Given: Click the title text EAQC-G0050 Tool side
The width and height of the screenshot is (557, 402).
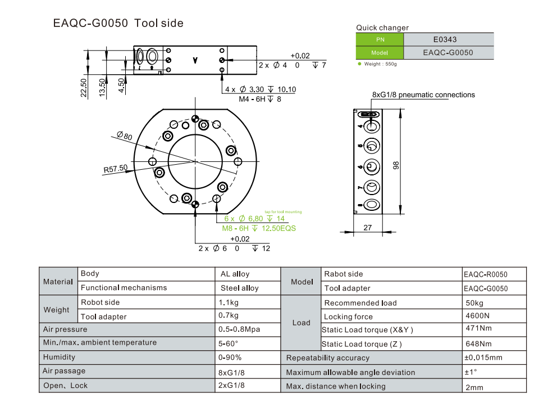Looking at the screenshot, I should point(118,24).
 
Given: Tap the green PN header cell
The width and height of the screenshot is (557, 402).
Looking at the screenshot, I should point(380,39).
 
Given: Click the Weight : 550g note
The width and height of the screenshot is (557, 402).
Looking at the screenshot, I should point(381,64).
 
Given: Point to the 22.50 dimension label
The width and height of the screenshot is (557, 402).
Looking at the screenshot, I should point(84,88).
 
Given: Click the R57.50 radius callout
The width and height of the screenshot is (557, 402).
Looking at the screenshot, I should point(115,168).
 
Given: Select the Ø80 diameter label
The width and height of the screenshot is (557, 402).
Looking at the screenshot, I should point(124,136).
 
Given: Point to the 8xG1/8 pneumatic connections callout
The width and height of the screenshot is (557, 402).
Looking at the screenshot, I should point(423,95).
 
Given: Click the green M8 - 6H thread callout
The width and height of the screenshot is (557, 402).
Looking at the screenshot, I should point(259,228).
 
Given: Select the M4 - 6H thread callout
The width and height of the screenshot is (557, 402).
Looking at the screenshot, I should point(260,99).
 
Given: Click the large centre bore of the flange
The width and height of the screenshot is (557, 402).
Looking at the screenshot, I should point(194,161).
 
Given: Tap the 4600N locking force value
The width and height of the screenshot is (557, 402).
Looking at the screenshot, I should point(477,316).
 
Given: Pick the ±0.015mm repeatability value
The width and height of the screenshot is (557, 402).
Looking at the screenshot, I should point(483,357).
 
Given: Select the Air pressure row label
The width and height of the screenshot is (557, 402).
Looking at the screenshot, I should point(65,329).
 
